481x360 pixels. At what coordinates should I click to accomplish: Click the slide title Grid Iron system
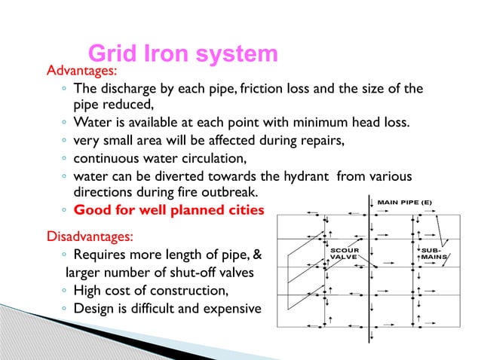coord(183,54)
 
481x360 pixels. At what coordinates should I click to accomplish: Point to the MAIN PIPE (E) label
coord(405,202)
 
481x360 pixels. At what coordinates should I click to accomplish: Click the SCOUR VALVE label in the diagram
coord(345,253)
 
